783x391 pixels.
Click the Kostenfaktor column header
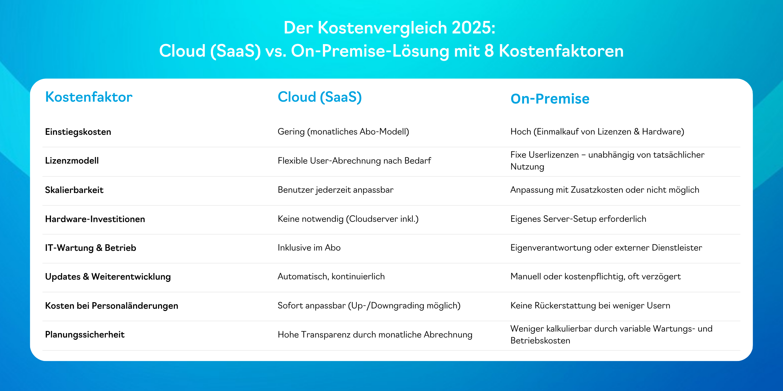(x=89, y=97)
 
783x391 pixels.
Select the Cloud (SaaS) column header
(x=320, y=97)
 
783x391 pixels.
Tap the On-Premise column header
(x=550, y=99)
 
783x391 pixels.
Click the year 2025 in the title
(x=474, y=28)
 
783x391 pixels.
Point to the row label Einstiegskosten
(x=78, y=132)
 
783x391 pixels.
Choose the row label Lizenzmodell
(x=72, y=160)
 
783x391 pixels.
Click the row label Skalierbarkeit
(x=74, y=190)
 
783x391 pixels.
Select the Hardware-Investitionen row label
(x=95, y=219)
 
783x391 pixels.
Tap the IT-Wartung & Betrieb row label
(x=91, y=248)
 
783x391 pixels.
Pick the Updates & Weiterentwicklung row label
(x=108, y=277)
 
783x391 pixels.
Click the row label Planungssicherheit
(x=85, y=335)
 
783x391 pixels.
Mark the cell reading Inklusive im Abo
(x=309, y=248)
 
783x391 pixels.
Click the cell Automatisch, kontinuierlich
(x=331, y=277)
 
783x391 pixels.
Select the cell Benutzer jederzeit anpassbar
(x=336, y=190)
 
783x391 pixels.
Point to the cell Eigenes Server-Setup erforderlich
(x=578, y=219)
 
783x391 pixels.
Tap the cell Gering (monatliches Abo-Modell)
(x=344, y=132)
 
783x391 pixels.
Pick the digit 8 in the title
(x=489, y=51)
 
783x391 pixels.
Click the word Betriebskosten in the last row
(x=540, y=340)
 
